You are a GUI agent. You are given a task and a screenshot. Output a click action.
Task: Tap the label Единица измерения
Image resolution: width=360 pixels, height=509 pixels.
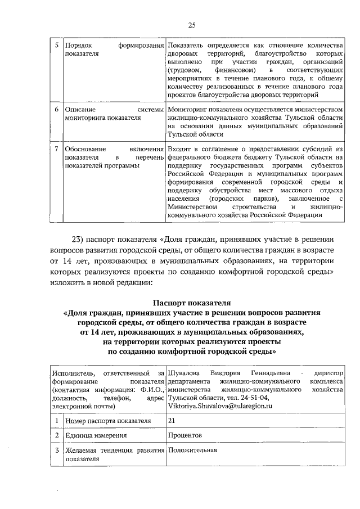click(x=94, y=435)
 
